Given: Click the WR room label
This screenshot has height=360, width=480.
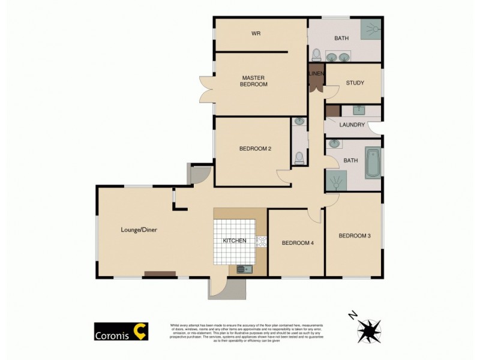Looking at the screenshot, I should click(x=255, y=33).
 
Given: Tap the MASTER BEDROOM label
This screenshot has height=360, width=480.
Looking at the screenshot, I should click(x=254, y=81).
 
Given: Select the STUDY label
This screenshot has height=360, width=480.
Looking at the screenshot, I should click(x=355, y=83).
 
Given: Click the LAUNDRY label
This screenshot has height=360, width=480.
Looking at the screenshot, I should click(x=352, y=125).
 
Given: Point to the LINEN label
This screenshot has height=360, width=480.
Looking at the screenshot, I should click(x=316, y=74).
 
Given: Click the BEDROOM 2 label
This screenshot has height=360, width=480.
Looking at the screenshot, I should click(x=256, y=149).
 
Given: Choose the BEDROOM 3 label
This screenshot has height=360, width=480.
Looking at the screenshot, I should click(x=355, y=236).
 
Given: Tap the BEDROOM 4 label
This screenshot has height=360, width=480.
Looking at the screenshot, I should click(x=298, y=242).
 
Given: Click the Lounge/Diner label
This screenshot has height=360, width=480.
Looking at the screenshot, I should click(x=139, y=229).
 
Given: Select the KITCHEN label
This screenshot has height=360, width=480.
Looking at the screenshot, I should click(x=235, y=241).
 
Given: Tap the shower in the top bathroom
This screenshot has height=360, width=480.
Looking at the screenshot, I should click(x=372, y=29).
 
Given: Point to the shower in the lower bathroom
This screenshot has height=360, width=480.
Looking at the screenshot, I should click(x=337, y=179).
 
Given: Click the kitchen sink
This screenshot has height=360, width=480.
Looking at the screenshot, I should click(x=244, y=269).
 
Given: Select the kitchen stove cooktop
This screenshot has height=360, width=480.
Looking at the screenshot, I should click(x=262, y=241).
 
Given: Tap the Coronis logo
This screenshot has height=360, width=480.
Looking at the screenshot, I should click(x=121, y=332).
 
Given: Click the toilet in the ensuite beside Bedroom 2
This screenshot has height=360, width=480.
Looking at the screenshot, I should click(x=299, y=158).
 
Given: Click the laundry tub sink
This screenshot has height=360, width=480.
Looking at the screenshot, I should click(x=358, y=110).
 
